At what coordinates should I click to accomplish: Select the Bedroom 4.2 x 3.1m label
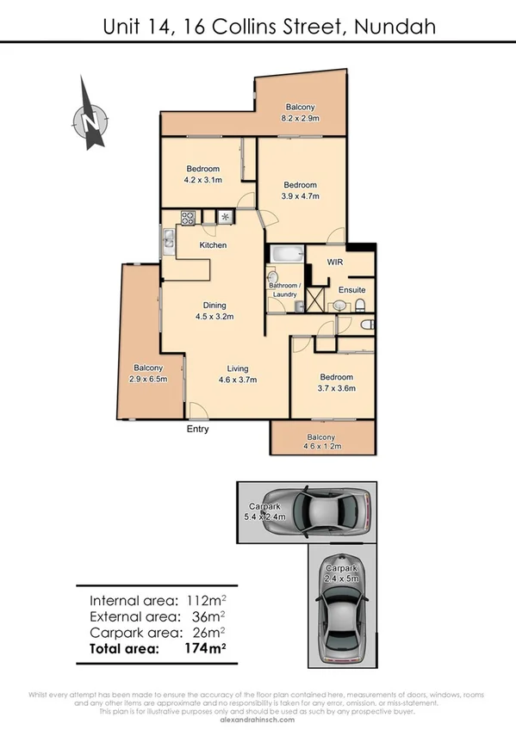click(x=202, y=175)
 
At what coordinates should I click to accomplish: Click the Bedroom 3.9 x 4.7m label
click(x=301, y=190)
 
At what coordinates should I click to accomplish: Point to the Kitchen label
click(x=213, y=245)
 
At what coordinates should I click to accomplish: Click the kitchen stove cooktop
click(x=189, y=217)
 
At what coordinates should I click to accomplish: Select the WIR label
click(x=336, y=262)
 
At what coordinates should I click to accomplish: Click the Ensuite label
click(x=351, y=290)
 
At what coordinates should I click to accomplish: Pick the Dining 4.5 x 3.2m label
click(x=214, y=311)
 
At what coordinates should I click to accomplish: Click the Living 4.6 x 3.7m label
click(x=237, y=374)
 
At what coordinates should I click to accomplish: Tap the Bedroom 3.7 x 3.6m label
click(x=336, y=382)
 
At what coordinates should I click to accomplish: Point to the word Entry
click(x=197, y=429)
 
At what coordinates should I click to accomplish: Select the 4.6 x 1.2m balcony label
click(x=323, y=442)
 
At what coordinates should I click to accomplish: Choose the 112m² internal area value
click(x=202, y=600)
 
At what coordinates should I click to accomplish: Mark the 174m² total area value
click(x=204, y=648)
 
